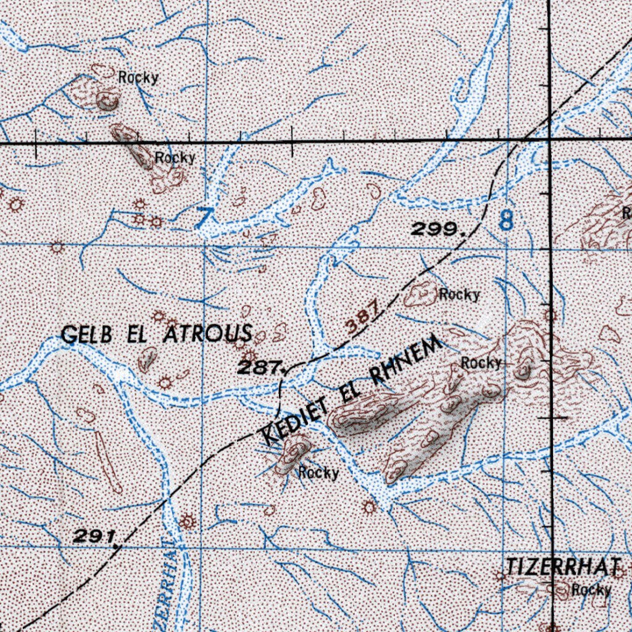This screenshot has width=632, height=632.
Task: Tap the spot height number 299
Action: click(437, 230)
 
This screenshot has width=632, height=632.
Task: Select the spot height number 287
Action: click(257, 368)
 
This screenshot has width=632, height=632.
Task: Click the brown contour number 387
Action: click(361, 321)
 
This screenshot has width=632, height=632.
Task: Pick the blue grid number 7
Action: click(204, 217)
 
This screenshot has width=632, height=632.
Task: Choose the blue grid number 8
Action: click(506, 220)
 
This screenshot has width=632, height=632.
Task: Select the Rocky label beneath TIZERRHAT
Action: click(591, 590)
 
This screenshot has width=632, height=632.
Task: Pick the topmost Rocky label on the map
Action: click(138, 78)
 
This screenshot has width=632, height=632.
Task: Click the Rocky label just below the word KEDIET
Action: click(318, 473)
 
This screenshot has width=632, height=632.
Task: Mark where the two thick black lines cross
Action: click(549, 143)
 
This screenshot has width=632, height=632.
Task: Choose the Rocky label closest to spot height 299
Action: click(459, 295)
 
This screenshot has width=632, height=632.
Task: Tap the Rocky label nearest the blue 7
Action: click(175, 158)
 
